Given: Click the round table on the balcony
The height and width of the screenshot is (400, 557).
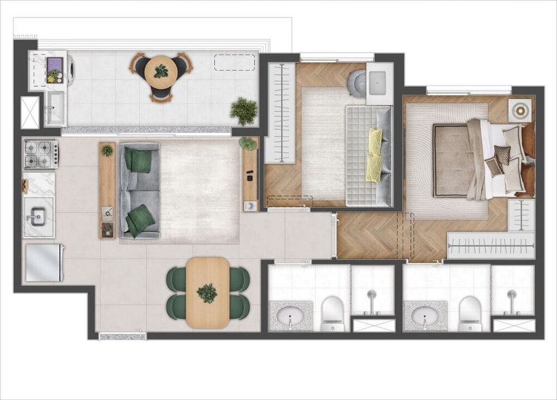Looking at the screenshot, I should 160,71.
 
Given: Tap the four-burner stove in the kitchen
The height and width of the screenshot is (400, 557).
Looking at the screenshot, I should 40,154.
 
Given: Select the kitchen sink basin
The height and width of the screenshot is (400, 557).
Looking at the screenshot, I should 38,217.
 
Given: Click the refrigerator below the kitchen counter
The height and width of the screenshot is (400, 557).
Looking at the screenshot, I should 44,263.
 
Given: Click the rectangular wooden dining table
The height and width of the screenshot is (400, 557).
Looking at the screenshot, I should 207,292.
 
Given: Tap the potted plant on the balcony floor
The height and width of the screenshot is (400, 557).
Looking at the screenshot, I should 243,111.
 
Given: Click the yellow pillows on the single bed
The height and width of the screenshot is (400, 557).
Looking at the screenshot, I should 374,155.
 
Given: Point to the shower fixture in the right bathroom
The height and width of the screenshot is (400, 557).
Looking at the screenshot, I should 511,298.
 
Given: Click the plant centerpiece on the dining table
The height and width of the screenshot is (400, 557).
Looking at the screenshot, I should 207,292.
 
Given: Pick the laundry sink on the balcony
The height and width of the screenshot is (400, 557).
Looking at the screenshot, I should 55,109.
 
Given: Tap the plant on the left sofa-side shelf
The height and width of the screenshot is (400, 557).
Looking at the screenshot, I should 108,150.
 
